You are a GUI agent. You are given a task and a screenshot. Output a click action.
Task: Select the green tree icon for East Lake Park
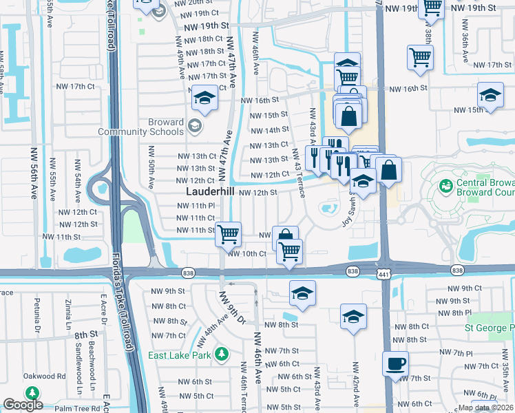click(x=221, y=354)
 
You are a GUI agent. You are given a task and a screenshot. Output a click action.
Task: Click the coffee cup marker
click(x=395, y=363)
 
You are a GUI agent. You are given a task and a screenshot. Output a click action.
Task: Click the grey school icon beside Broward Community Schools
click(x=194, y=126)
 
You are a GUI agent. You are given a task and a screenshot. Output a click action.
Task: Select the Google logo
click(x=23, y=405)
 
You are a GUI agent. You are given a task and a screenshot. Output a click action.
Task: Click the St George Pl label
click(x=489, y=328)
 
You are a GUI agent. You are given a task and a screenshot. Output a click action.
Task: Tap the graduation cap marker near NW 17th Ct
click(x=204, y=98)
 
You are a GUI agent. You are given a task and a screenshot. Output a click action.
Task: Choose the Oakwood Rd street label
click(x=42, y=377)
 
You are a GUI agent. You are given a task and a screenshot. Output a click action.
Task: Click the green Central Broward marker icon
click(x=445, y=186)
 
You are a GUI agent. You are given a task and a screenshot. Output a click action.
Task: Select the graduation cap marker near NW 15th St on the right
click(x=490, y=96)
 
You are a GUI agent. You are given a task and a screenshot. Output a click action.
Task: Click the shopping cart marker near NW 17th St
click(x=420, y=57)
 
